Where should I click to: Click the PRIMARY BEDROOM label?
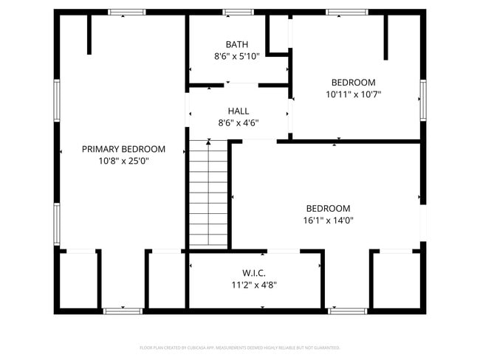(123, 149)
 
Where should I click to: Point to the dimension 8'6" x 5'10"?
(236, 56)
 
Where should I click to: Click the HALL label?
(238, 111)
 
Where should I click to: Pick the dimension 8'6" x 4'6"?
(238, 122)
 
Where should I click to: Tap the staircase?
(208, 193)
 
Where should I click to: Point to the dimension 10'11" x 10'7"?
(353, 94)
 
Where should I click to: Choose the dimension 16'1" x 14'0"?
(329, 219)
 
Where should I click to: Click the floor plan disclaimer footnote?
(239, 347)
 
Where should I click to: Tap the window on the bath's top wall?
(238, 12)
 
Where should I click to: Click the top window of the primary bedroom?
(127, 12)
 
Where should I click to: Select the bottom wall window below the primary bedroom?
(122, 311)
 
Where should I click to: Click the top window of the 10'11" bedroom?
(347, 12)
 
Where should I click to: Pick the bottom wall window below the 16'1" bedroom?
(346, 311)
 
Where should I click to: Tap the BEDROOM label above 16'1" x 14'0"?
(329, 208)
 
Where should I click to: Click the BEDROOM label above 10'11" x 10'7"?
(353, 83)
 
